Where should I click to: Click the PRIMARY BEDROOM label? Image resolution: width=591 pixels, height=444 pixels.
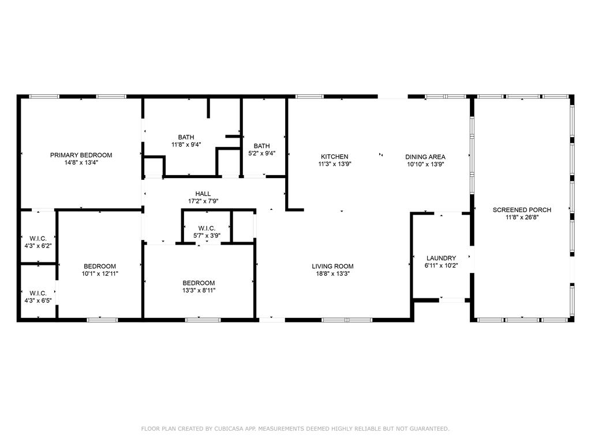[81, 155]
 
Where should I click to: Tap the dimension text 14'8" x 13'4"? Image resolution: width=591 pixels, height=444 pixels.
[81, 163]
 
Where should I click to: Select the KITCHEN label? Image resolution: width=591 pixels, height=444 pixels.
[335, 157]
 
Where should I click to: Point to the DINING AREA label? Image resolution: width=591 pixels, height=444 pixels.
[425, 157]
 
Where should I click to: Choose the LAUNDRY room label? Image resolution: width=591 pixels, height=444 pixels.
[441, 258]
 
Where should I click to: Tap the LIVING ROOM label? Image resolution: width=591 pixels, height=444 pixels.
[332, 267]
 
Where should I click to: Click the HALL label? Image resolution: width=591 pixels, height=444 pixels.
[203, 194]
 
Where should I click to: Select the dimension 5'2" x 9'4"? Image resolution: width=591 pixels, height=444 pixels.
[261, 154]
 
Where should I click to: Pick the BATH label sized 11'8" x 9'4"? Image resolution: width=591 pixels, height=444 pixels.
[186, 137]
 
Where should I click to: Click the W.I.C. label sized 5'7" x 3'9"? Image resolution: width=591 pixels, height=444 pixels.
[207, 228]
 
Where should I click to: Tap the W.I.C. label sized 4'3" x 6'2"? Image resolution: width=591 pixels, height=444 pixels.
[38, 238]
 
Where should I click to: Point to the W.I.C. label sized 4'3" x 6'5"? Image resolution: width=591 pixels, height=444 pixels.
[38, 293]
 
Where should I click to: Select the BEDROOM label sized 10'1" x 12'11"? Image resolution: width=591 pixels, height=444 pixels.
[99, 267]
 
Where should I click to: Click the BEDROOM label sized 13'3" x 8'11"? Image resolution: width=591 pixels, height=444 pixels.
[199, 283]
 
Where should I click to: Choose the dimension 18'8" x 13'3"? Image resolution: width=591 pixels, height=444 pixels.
[332, 274]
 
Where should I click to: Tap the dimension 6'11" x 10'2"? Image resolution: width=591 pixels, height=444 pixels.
[441, 266]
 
